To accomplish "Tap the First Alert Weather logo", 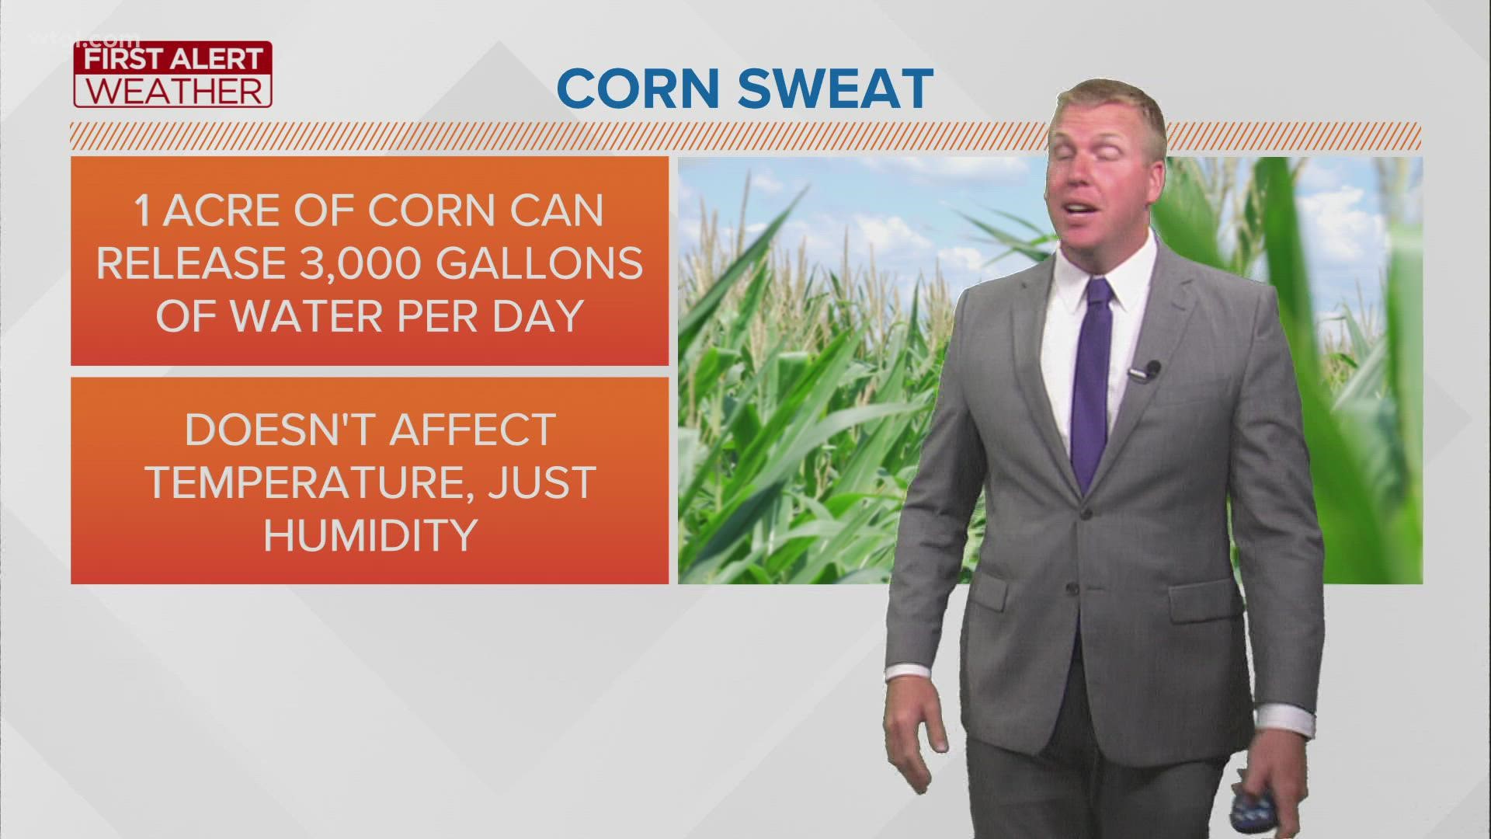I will [172, 75].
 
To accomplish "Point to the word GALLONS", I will [539, 263].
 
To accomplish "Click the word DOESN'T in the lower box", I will [280, 430].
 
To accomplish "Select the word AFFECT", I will [472, 430].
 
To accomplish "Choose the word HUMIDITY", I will [370, 535].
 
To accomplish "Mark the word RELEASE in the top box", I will [191, 263].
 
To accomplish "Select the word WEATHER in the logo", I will [172, 91].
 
